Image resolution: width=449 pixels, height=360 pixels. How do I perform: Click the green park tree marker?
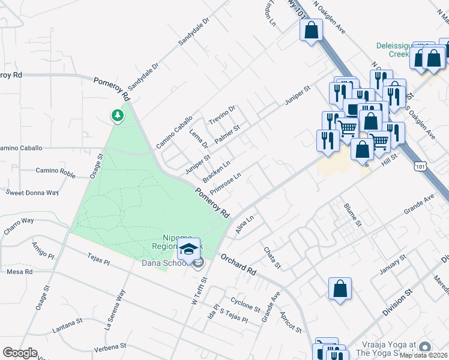click(118, 115)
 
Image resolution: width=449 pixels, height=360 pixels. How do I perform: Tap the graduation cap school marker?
click(189, 249)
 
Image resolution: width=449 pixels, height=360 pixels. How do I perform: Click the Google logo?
click(20, 353)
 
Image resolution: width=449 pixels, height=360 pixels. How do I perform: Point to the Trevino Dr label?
click(222, 115)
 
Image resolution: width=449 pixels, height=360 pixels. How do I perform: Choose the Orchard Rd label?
click(238, 264)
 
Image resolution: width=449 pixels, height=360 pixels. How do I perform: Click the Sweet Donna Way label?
click(32, 193)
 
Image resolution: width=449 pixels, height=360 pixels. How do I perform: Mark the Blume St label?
click(352, 214)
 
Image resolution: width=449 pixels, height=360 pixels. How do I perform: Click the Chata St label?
click(271, 257)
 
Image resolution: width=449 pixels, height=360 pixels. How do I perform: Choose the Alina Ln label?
click(245, 226)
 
